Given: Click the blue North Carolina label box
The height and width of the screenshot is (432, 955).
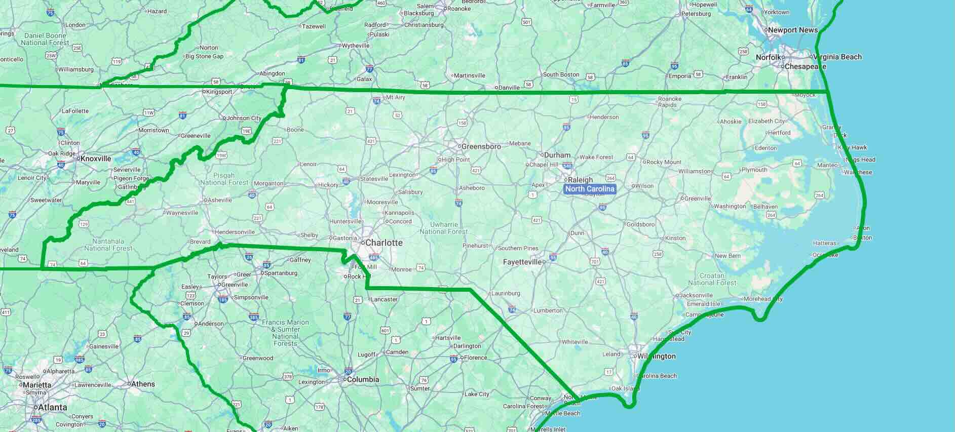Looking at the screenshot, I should coord(590,189).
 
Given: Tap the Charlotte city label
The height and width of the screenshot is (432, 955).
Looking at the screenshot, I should coord(384,243).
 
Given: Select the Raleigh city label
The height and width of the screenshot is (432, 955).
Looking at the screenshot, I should coord(580,180).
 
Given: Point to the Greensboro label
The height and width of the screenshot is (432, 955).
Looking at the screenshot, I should coord(481,146).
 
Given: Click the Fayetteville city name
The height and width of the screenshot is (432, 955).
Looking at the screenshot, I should coord(522,262).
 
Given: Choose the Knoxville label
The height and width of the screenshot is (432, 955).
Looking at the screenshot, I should coord(96,159).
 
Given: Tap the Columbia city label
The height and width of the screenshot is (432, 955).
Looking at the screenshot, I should coord(363,379).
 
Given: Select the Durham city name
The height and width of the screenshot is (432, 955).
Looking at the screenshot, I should coord(557,155).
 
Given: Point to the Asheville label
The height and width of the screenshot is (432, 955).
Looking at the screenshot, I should coord(220,200).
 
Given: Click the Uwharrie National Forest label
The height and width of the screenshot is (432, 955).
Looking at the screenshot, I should coord(444,228).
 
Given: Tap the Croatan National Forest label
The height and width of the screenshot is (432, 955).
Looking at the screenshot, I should coord(712,279).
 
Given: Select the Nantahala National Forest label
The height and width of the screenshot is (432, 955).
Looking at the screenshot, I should coord(108,245).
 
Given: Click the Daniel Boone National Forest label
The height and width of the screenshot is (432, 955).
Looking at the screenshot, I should coord(45,39).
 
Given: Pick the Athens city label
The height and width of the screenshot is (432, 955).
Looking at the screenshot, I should coord(143,384).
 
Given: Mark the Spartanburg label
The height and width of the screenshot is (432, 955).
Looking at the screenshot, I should coord(280,273).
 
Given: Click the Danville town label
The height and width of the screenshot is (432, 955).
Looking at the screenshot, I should coord(509,88).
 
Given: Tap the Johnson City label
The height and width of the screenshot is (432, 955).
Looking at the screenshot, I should coord(244,118).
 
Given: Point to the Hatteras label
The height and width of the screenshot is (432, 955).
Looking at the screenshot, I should coord(824,243).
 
